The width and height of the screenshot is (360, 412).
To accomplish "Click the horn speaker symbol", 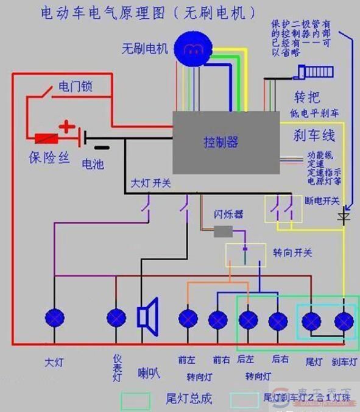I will pos(148,316).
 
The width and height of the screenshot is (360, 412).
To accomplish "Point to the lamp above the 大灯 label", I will pos(55,318).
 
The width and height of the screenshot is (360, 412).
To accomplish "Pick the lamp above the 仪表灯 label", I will pos(116,318).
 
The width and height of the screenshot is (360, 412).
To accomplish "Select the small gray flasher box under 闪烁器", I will pos(223,231).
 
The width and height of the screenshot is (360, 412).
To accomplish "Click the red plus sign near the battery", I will pos(67,127).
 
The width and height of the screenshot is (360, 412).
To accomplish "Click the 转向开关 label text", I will pos(292,252).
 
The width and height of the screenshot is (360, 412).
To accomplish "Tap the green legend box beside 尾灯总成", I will pos(135,400).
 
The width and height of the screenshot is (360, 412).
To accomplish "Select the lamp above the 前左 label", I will pos(187,319).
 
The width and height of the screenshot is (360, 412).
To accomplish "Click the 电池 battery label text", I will pos(93,164).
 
